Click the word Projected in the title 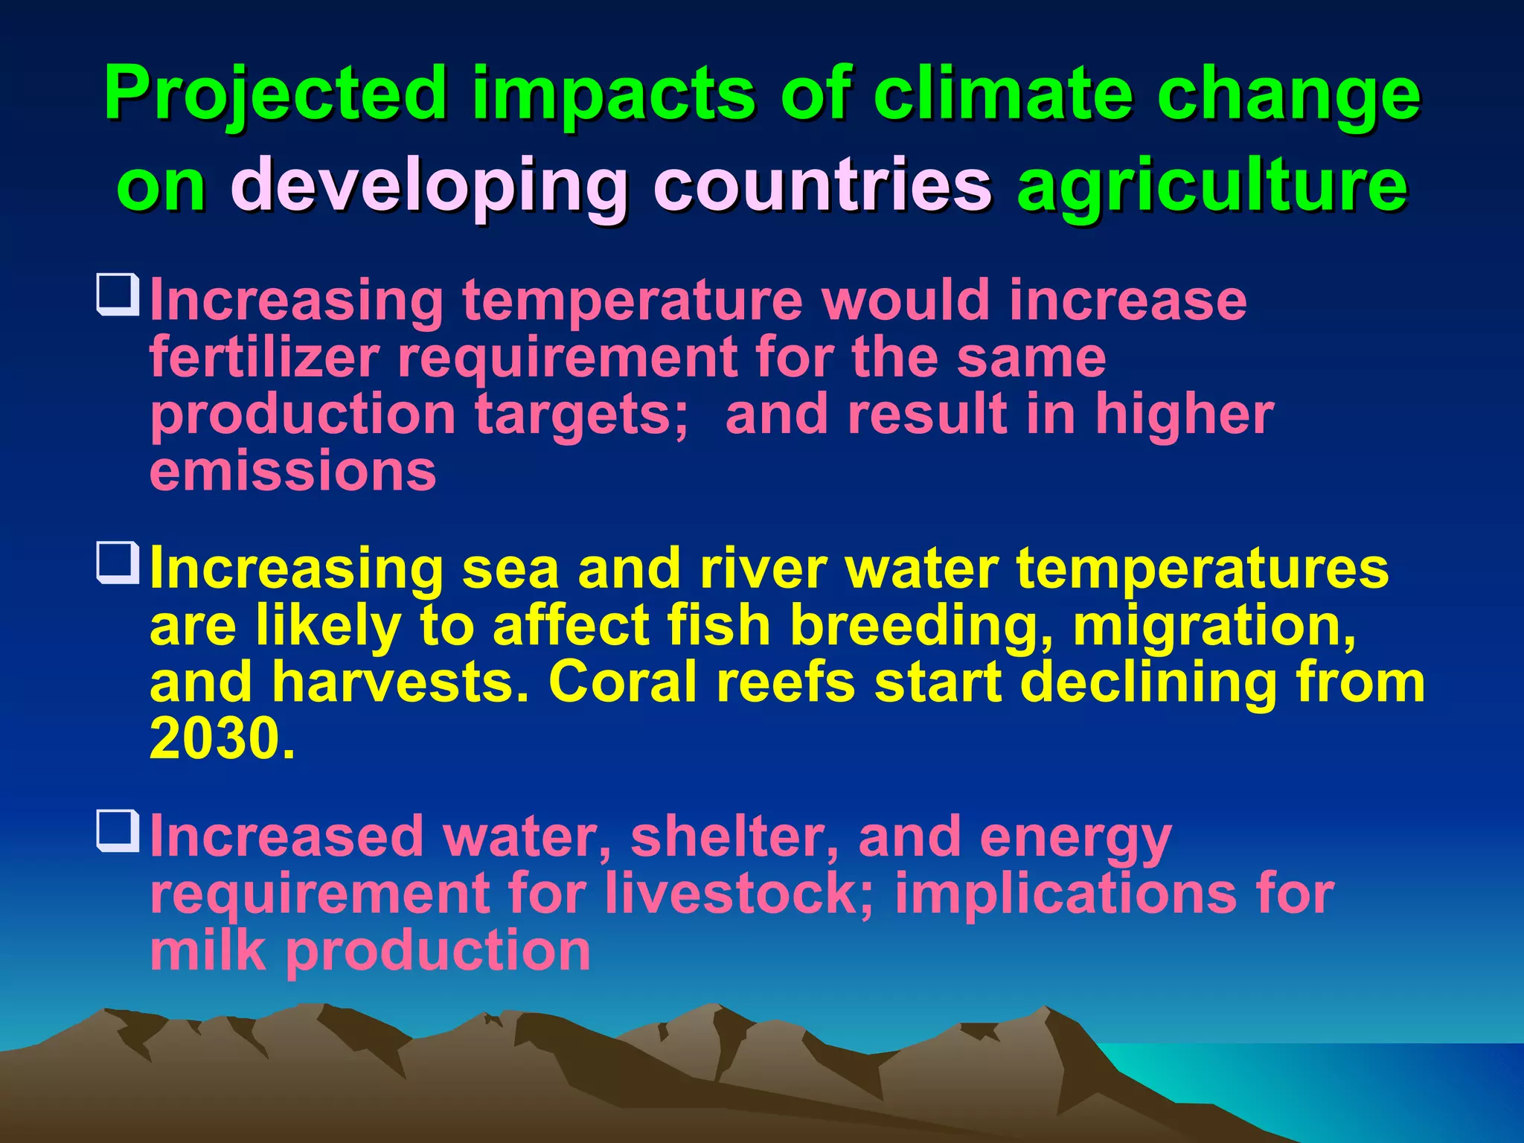click(x=275, y=95)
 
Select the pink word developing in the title click(x=430, y=185)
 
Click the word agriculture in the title click(x=1212, y=185)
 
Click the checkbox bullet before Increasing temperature click(x=118, y=295)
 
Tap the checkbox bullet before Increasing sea click(x=118, y=563)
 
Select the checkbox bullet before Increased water click(x=118, y=831)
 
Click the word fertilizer click(x=265, y=357)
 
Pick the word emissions click(x=293, y=472)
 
